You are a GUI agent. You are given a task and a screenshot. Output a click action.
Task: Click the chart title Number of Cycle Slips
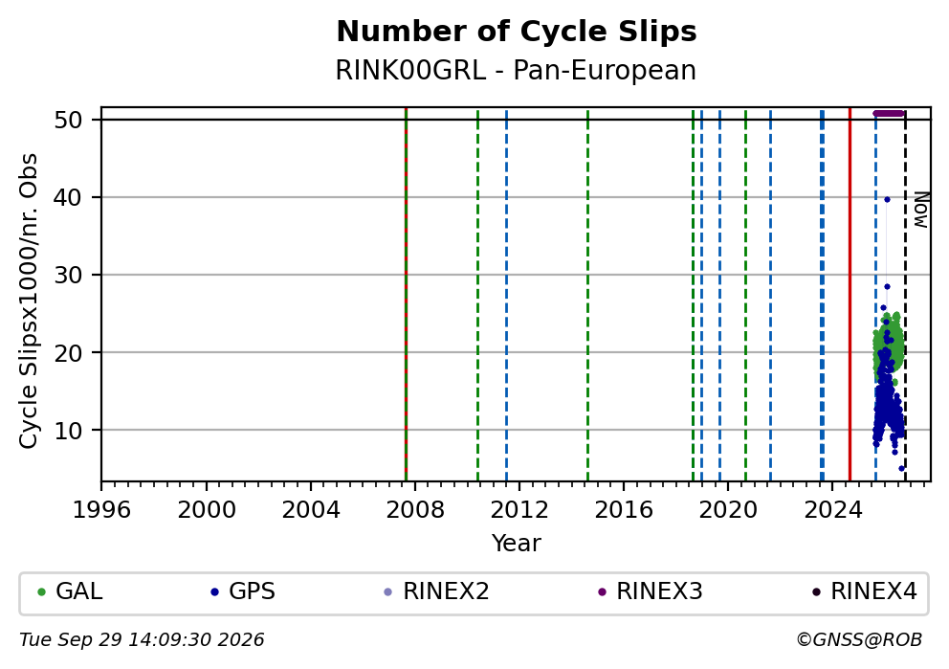(517, 32)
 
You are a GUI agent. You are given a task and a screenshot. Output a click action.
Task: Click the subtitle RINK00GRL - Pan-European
(516, 70)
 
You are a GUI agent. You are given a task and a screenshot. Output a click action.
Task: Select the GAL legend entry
(70, 591)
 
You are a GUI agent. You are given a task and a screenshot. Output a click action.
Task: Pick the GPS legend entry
(243, 591)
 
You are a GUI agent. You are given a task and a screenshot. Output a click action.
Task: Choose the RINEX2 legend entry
(437, 591)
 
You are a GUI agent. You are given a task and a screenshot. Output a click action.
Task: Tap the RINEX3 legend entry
(651, 591)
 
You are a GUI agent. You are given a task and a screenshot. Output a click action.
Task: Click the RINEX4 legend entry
(865, 591)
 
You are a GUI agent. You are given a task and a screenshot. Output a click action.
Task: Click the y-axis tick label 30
(68, 275)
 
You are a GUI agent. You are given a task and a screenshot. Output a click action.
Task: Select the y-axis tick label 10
(68, 430)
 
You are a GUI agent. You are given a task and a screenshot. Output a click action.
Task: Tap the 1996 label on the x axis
(101, 510)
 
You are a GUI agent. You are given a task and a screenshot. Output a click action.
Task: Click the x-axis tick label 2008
(414, 510)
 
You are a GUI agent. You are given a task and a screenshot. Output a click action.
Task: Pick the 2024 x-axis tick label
(832, 510)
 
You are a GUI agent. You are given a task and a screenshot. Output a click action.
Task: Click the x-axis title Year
(517, 543)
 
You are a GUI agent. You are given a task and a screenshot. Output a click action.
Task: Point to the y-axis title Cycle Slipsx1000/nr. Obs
(29, 301)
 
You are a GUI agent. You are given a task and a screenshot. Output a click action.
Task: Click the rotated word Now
(920, 210)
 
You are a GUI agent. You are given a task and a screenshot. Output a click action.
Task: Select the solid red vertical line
(850, 294)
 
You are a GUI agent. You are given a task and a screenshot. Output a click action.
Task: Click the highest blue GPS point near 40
(887, 199)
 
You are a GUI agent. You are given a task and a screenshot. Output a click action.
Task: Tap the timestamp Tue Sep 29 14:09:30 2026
(142, 640)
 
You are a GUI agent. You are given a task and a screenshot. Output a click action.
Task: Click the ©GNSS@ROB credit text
(859, 640)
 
